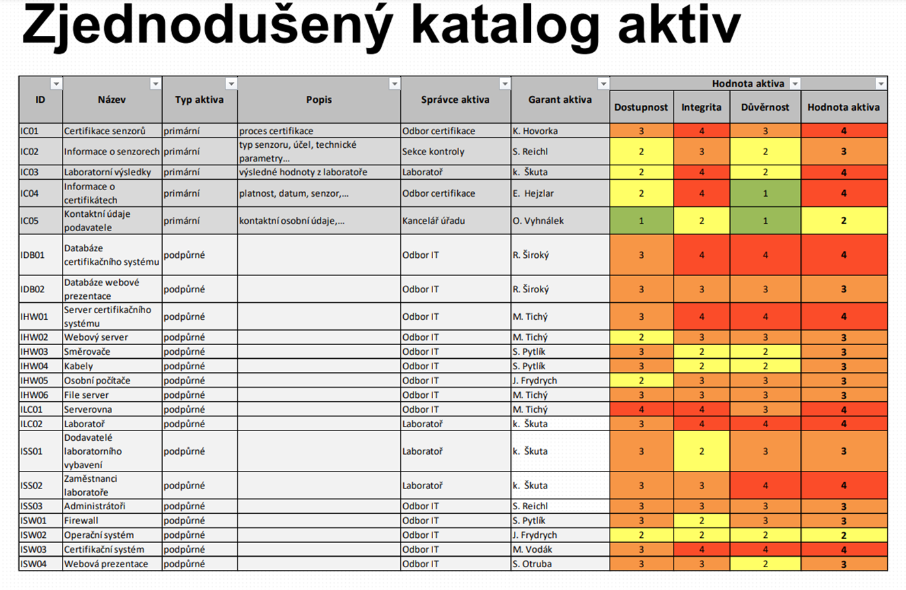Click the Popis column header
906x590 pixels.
tap(319, 100)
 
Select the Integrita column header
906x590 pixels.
tap(701, 107)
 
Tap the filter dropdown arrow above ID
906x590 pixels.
tap(56, 84)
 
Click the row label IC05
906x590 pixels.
tap(29, 221)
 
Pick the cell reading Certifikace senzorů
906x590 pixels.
tap(105, 131)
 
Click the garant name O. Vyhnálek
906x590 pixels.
tap(538, 221)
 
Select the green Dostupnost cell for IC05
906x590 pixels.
tap(641, 221)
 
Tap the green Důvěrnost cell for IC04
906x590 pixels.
tap(765, 193)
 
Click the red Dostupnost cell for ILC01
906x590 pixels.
tap(641, 410)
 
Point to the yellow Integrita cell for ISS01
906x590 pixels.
tap(701, 451)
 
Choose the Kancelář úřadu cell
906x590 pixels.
tap(433, 221)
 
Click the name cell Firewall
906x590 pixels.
tap(81, 520)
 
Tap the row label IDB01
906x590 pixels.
tap(32, 255)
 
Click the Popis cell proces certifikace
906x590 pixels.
tap(276, 131)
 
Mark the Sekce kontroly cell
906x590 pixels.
tap(433, 152)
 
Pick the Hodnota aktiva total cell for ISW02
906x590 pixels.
tap(843, 535)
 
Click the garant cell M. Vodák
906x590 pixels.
tap(532, 550)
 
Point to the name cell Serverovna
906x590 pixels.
tap(88, 410)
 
